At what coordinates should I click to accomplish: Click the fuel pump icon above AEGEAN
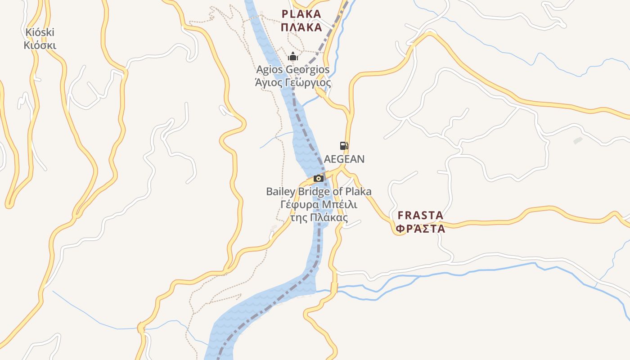coord(344,145)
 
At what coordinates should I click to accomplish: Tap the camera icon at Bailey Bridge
coord(319,178)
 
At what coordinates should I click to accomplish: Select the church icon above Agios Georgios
coord(293,57)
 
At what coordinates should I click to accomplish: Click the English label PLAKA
coord(301,14)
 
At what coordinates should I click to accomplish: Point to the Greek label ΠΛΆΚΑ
coord(301,27)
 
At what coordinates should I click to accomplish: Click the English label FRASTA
coord(420,215)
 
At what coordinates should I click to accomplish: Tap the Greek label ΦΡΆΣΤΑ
coord(420,229)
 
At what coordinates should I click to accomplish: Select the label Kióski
coord(40,32)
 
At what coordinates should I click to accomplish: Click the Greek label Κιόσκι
coord(40,45)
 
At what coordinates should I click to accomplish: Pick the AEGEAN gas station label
coord(344,159)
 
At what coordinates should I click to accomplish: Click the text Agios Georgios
coord(292,70)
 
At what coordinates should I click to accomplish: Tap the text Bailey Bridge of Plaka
coord(319,192)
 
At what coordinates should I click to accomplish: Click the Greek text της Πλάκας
coord(319,218)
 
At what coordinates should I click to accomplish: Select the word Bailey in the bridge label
coord(280,192)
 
